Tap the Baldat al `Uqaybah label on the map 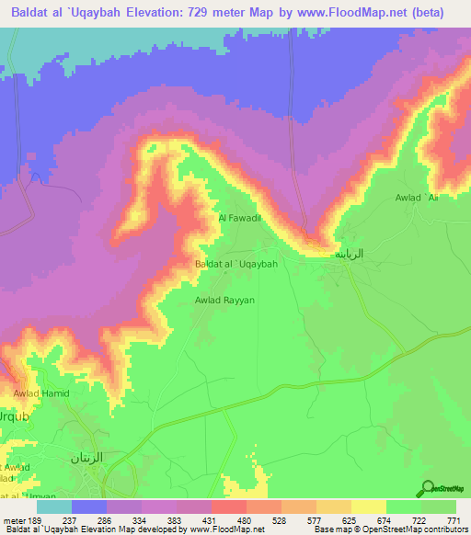click(x=236, y=264)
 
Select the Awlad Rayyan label click(x=224, y=300)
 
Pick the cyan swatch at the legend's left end click(x=54, y=507)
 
